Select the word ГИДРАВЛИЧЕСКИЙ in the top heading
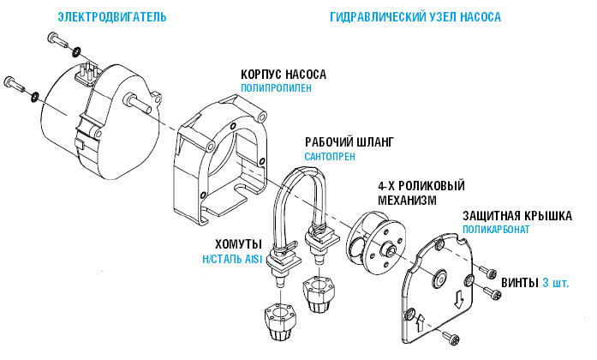pyautogui.click(x=374, y=17)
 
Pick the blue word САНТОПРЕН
pyautogui.click(x=329, y=157)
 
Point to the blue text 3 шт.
pyautogui.click(x=555, y=282)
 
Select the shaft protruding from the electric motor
pyautogui.click(x=137, y=99)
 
